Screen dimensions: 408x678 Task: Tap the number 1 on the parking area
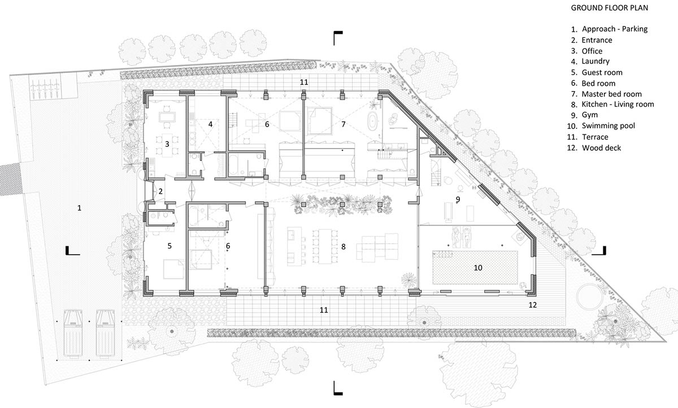[80, 208]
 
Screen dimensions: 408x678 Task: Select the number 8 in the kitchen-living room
[343, 246]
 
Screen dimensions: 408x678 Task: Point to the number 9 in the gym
[458, 199]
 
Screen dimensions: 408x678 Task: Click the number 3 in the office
[167, 144]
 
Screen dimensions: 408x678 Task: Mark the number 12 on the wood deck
[533, 305]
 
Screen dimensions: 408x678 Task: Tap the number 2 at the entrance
[160, 192]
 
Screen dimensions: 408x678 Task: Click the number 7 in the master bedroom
[343, 123]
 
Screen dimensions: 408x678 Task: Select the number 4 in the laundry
[210, 124]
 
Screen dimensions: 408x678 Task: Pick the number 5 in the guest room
[169, 246]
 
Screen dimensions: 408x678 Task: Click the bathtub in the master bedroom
[373, 121]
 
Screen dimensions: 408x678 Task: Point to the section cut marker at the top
[337, 37]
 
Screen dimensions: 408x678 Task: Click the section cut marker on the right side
[601, 251]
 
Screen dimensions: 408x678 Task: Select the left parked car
[75, 333]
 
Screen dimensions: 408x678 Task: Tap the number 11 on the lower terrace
[323, 310]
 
